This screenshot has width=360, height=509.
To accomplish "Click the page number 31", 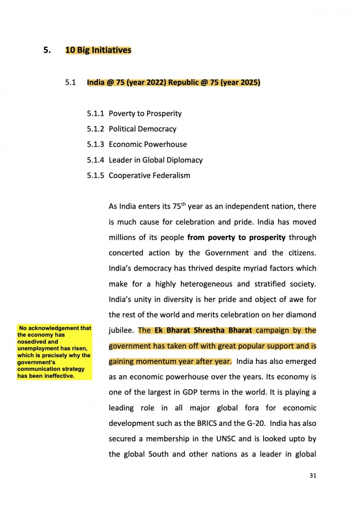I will tap(313, 475).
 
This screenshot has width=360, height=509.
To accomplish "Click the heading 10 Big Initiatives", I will tap(98, 50).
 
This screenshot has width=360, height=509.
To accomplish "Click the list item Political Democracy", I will tap(142, 129).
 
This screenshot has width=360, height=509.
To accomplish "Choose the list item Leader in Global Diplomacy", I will tap(155, 159).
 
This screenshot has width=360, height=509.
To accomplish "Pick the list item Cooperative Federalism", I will tap(149, 175).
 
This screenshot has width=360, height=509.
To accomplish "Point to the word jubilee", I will tap(122, 330).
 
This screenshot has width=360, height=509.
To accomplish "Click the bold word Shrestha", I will tap(200, 330).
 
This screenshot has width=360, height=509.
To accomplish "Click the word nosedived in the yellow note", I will tap(32, 341).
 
